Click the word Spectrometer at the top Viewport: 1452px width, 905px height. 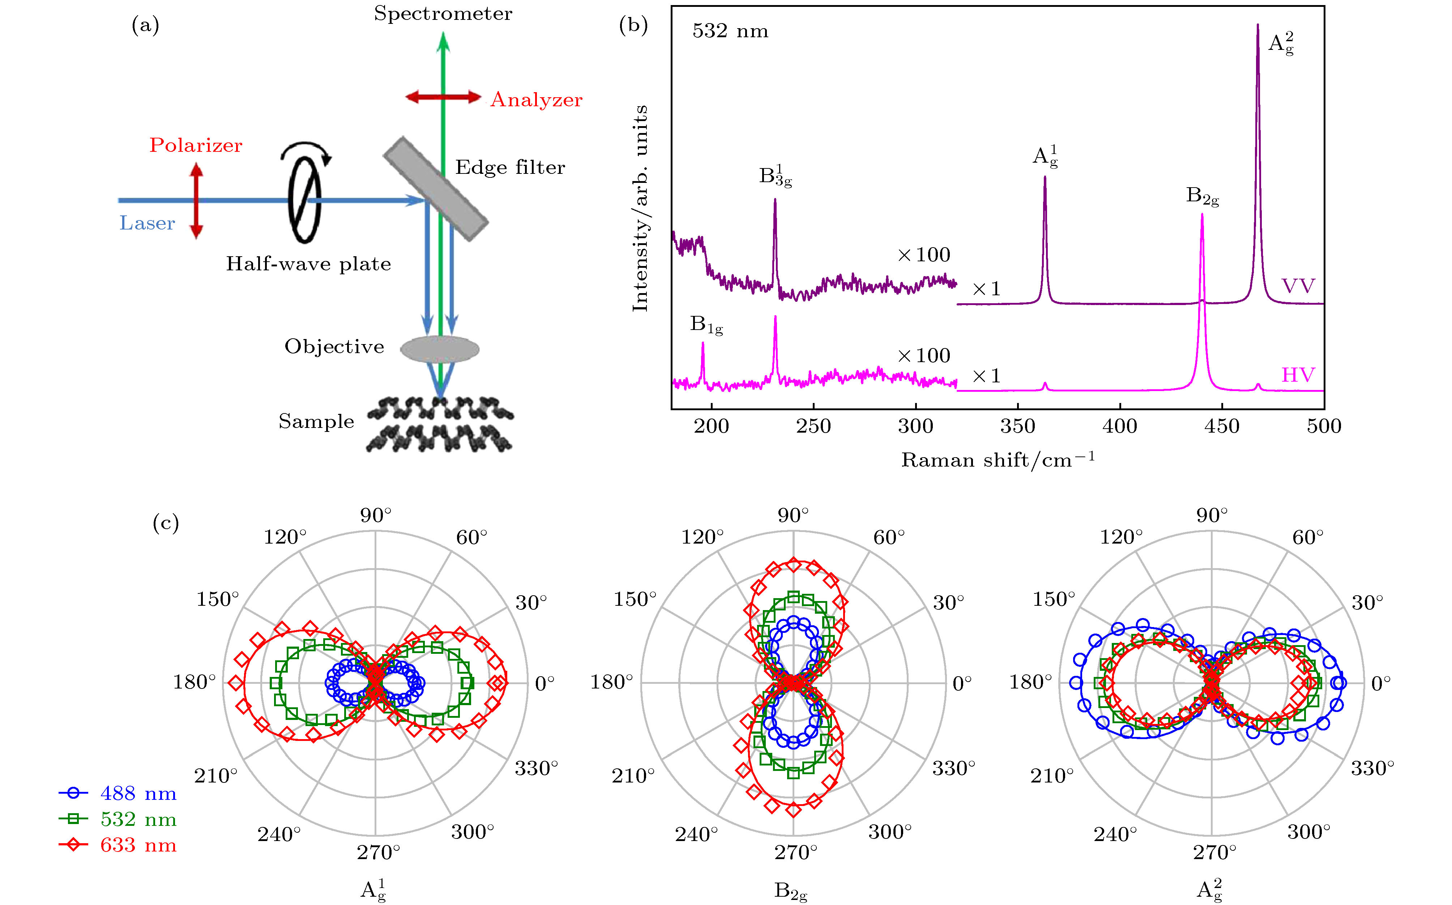click(443, 13)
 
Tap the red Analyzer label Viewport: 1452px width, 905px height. click(537, 100)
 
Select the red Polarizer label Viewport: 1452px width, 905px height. click(196, 145)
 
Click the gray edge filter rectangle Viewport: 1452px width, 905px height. click(436, 189)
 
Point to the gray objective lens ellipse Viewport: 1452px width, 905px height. click(440, 349)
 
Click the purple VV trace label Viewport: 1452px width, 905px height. click(1298, 286)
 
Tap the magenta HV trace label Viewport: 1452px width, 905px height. click(1298, 375)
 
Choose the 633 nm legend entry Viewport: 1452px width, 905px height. click(119, 845)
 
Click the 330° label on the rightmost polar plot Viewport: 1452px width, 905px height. click(1373, 768)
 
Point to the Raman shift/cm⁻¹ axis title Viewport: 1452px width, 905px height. click(998, 460)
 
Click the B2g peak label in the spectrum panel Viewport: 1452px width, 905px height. click(1202, 196)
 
